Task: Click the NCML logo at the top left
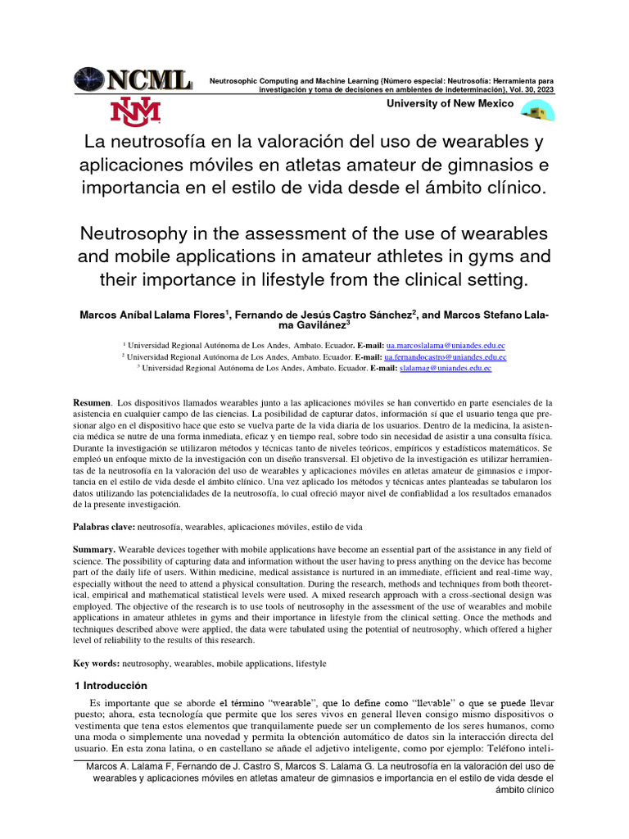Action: pyautogui.click(x=133, y=80)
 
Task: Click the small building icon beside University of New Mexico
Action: pyautogui.click(x=537, y=111)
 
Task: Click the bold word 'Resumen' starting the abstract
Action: pyautogui.click(x=92, y=403)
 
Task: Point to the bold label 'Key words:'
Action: pyautogui.click(x=97, y=662)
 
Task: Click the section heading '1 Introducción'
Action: pyautogui.click(x=110, y=684)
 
